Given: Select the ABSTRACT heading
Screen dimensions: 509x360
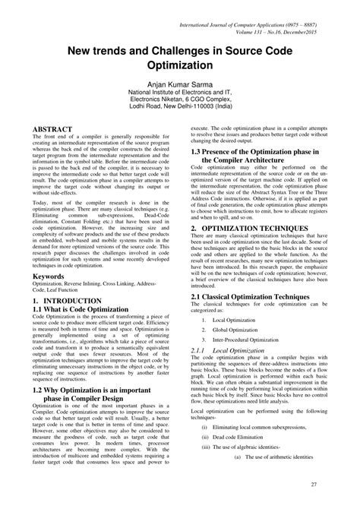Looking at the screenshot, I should pos(53,130).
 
